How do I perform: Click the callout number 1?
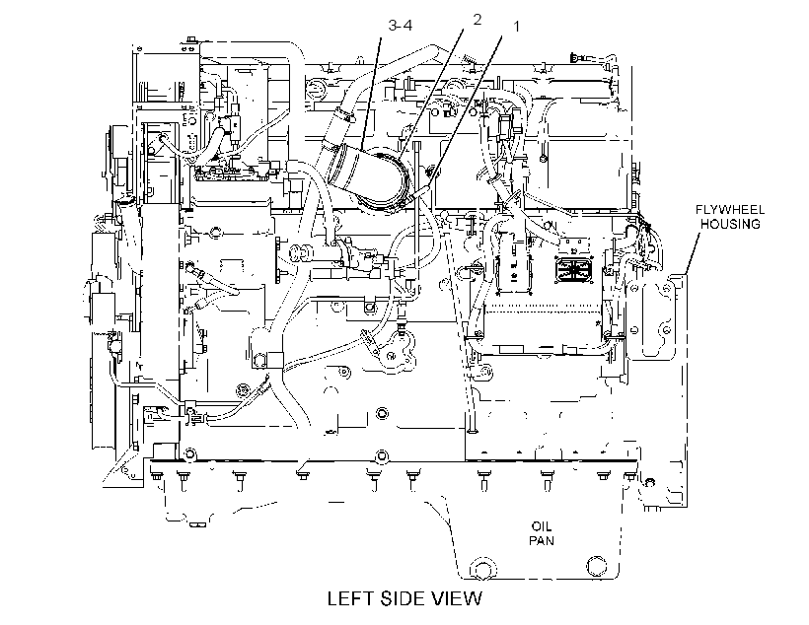click(516, 27)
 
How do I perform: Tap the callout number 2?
click(477, 20)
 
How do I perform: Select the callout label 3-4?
click(401, 26)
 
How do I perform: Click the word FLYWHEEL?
click(730, 210)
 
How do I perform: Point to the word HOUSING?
click(730, 224)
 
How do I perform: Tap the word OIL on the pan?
click(542, 526)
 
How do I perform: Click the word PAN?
click(542, 540)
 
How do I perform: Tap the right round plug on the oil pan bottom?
click(597, 566)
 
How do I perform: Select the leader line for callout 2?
click(431, 90)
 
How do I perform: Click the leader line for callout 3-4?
click(371, 93)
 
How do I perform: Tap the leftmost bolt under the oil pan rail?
click(155, 478)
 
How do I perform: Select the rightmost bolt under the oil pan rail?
click(630, 475)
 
